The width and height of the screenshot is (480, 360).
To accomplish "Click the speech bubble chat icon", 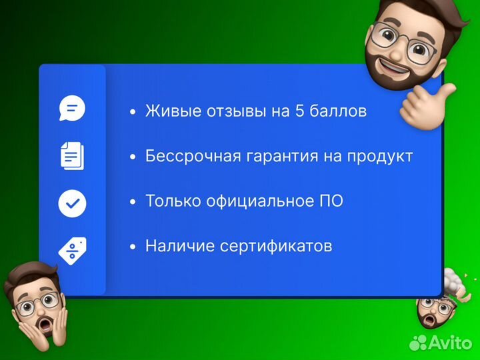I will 72,108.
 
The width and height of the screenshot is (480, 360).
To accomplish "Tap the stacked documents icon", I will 72,155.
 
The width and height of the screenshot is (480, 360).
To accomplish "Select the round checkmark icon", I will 72,203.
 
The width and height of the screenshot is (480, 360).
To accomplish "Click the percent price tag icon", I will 72,249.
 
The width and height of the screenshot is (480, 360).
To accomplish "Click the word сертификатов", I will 280,246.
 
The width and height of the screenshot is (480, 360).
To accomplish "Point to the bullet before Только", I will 133,201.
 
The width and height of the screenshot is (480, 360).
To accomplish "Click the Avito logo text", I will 453,342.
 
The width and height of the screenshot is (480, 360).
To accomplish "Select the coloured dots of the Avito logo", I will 418,342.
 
